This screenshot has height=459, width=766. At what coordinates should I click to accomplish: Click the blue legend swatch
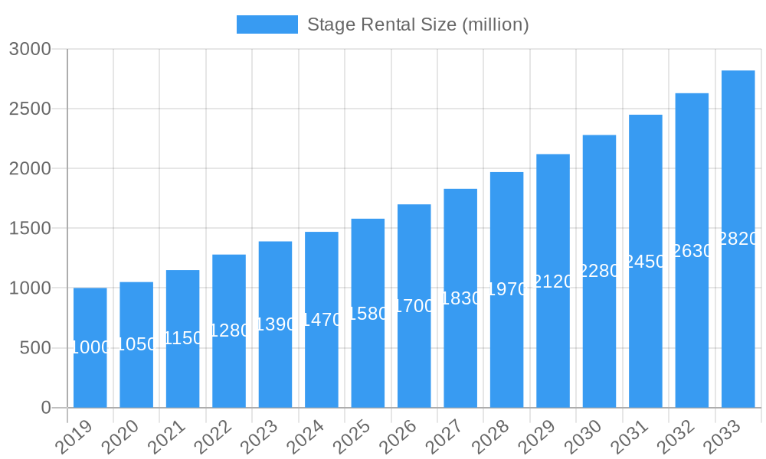coord(267,24)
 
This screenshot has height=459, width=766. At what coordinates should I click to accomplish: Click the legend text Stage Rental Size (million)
coord(417,24)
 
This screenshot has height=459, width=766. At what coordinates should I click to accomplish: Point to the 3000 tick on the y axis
coord(30,49)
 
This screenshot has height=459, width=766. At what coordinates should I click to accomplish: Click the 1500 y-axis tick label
coord(30,228)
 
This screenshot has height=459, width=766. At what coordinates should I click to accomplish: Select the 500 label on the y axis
coord(35,348)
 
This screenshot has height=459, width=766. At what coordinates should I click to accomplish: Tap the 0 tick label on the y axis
coord(46,408)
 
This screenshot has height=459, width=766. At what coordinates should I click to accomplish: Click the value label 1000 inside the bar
coord(90,347)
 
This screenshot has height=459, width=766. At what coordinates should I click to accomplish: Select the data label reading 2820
coord(738,239)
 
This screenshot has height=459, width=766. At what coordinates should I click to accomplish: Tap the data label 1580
coord(368,314)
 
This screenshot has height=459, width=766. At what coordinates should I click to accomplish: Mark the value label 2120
coord(553,282)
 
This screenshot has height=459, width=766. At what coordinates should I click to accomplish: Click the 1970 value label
coord(507,289)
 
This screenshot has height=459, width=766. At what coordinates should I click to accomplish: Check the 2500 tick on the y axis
coord(30,109)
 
